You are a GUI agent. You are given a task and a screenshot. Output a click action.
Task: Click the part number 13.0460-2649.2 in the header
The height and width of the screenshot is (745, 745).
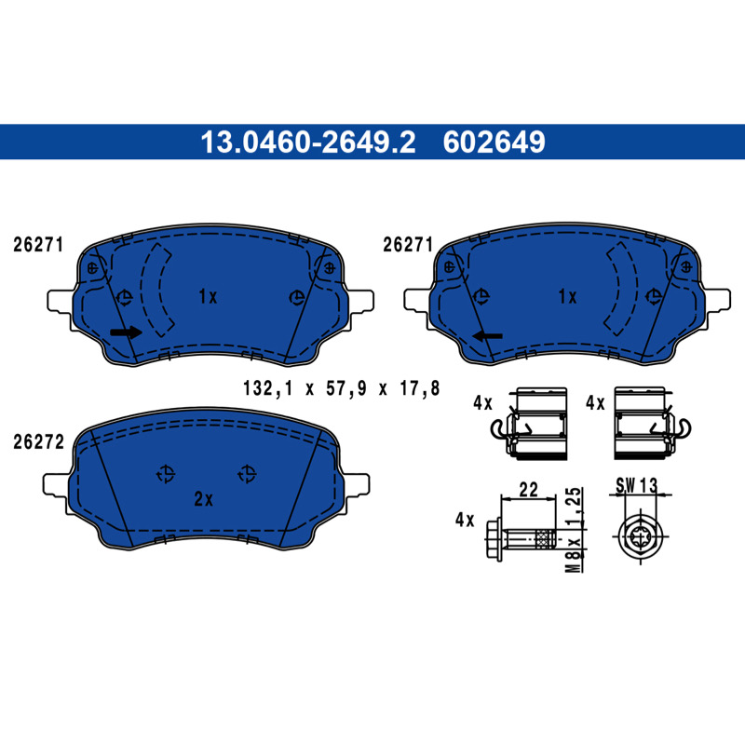tap(308, 142)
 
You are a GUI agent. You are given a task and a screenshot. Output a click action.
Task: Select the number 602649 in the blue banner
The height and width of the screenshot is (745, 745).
tap(494, 142)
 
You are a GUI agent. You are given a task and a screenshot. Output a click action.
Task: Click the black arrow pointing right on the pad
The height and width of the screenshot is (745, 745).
tap(126, 332)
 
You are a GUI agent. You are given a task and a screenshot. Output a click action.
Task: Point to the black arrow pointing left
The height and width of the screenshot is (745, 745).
tap(487, 336)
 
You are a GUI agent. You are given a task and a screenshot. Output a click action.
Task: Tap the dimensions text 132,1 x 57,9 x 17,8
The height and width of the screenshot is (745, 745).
tap(341, 388)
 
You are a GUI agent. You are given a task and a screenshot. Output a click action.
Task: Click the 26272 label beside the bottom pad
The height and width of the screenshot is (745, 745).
tap(38, 441)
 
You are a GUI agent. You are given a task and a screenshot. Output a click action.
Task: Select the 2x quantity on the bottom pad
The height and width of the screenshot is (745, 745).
tap(203, 499)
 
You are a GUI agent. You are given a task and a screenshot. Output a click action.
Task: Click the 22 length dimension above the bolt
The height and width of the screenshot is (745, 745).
tap(528, 489)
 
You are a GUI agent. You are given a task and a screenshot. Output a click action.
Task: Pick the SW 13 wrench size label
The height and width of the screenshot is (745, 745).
tap(637, 485)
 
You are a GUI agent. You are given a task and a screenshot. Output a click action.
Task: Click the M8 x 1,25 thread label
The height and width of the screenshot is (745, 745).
tap(574, 529)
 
